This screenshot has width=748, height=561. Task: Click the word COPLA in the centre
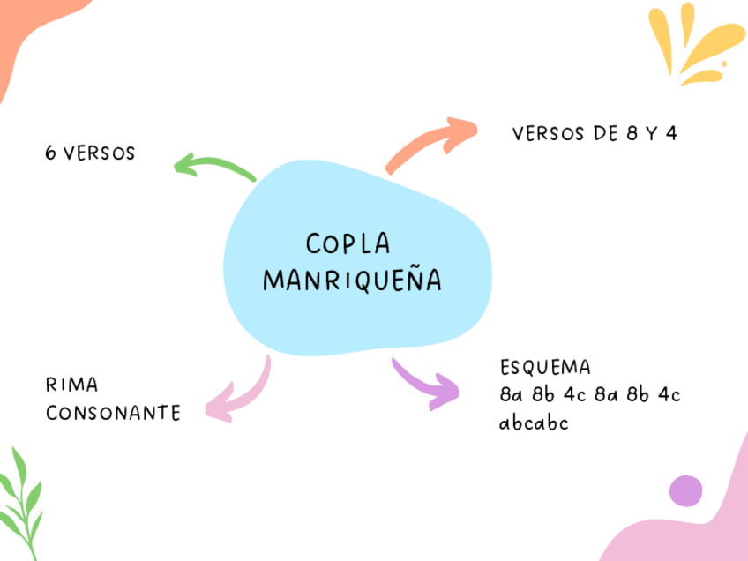(348, 243)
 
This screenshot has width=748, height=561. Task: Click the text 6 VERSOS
(90, 153)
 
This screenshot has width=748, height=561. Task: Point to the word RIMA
(71, 385)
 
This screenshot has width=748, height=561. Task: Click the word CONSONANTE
(113, 413)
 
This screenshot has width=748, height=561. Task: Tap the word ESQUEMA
(544, 367)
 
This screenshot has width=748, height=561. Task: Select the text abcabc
(534, 423)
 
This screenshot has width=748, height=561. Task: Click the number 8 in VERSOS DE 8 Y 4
(631, 134)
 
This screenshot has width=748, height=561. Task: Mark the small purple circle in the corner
(685, 491)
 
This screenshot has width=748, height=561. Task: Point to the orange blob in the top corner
(18, 35)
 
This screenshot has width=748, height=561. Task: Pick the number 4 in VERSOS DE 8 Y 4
(672, 134)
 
